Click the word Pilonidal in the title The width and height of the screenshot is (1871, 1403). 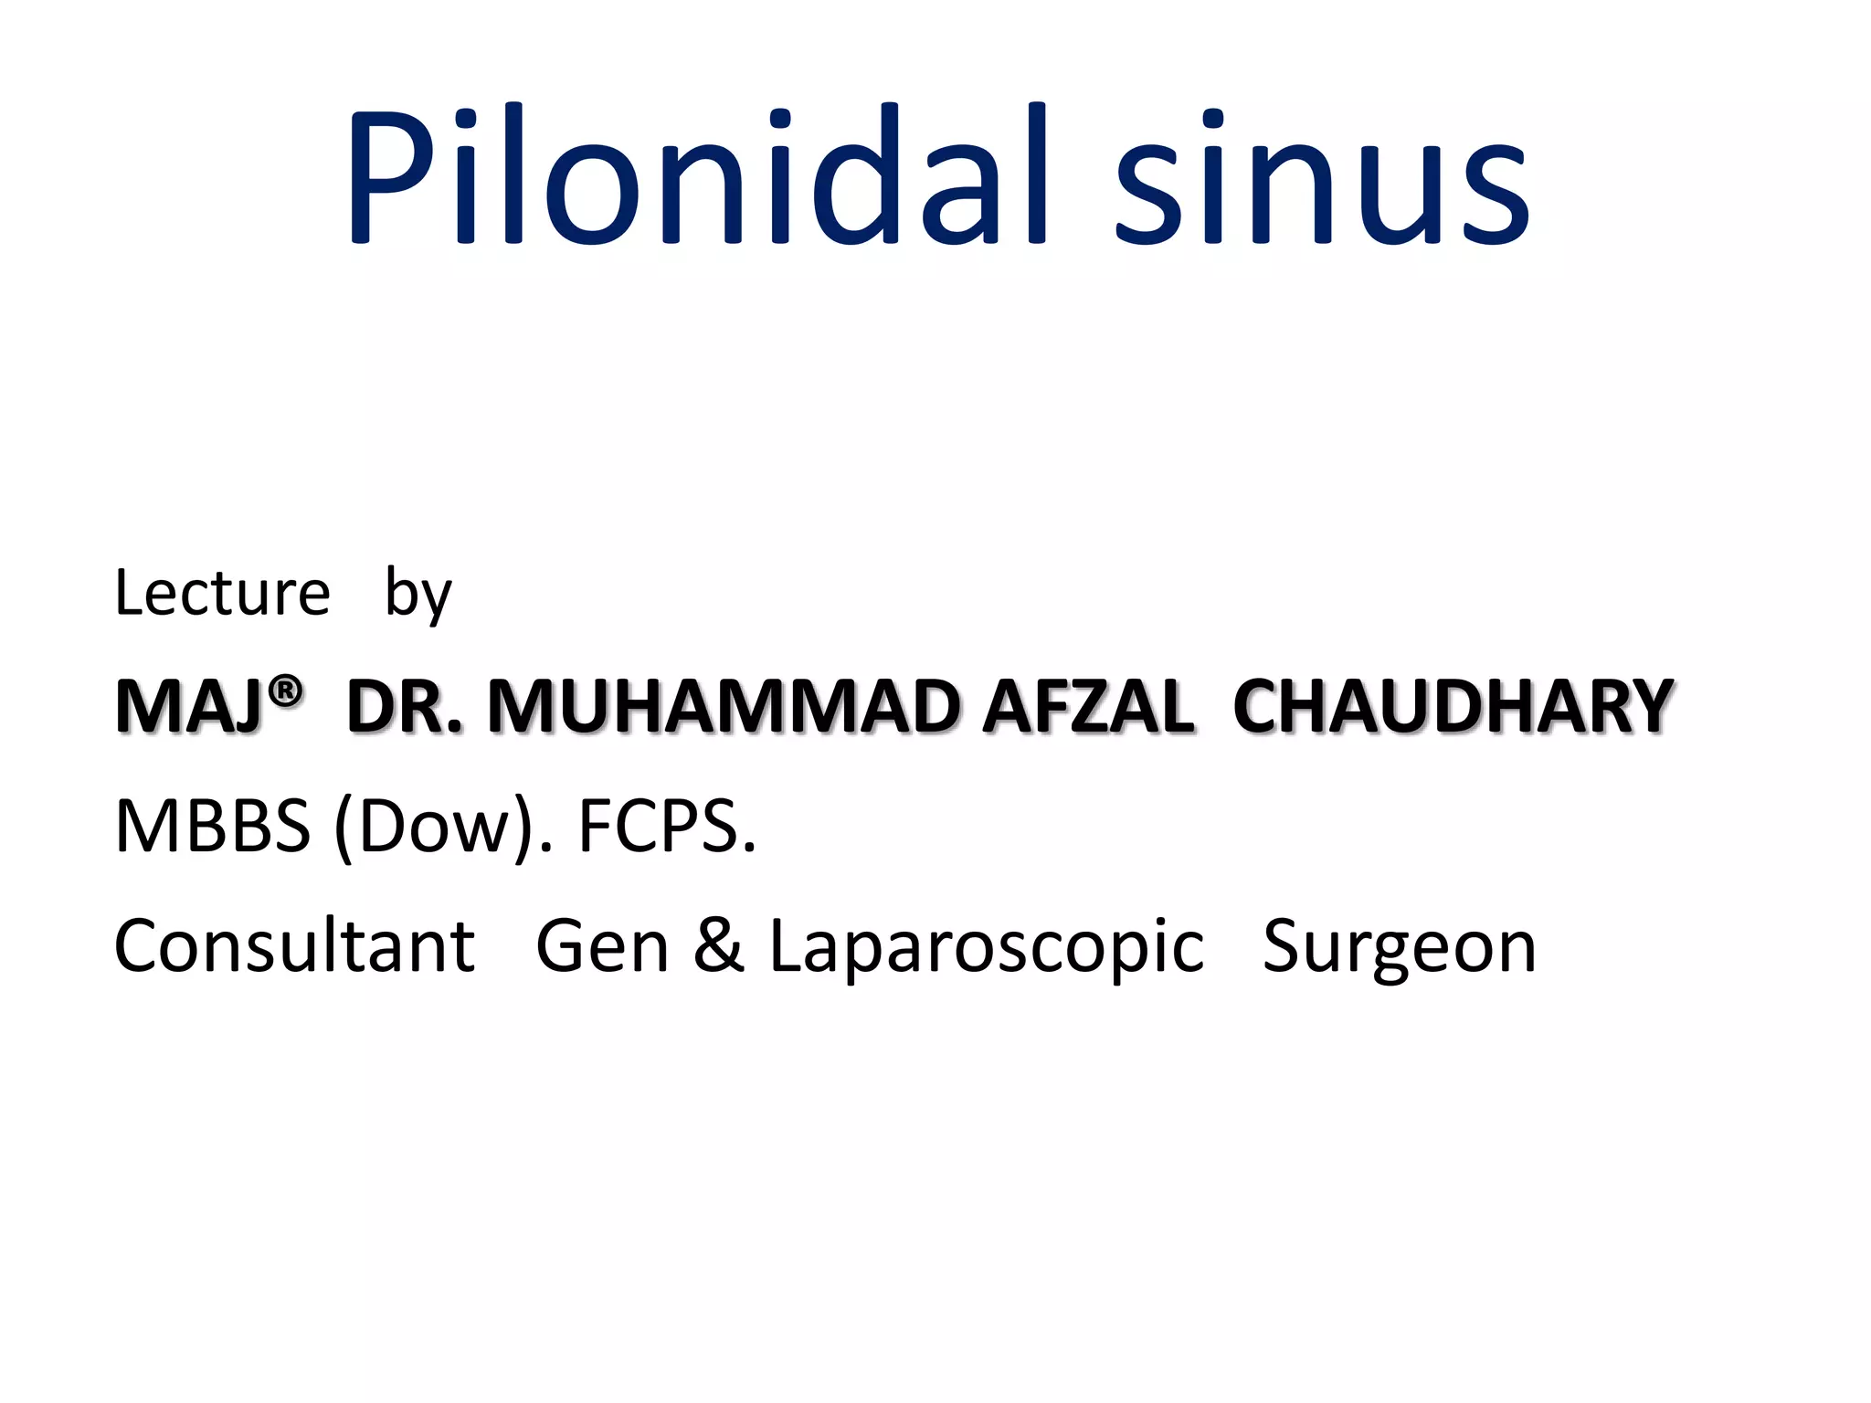698,175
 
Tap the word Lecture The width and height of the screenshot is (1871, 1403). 222,594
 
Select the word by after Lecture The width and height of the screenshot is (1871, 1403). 418,594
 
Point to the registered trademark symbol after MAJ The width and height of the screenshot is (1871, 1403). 287,691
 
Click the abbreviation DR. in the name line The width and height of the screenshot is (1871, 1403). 404,708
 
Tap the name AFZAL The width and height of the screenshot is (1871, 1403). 1088,708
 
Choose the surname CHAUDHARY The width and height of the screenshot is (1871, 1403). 1453,708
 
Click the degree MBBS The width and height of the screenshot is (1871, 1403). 212,827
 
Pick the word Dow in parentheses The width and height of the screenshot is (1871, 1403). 433,827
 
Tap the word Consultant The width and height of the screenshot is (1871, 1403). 294,946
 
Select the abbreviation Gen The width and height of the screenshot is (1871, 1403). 602,946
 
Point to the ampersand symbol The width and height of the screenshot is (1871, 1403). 719,946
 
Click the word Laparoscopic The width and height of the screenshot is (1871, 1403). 987,946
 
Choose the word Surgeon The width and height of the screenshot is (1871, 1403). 1400,946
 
